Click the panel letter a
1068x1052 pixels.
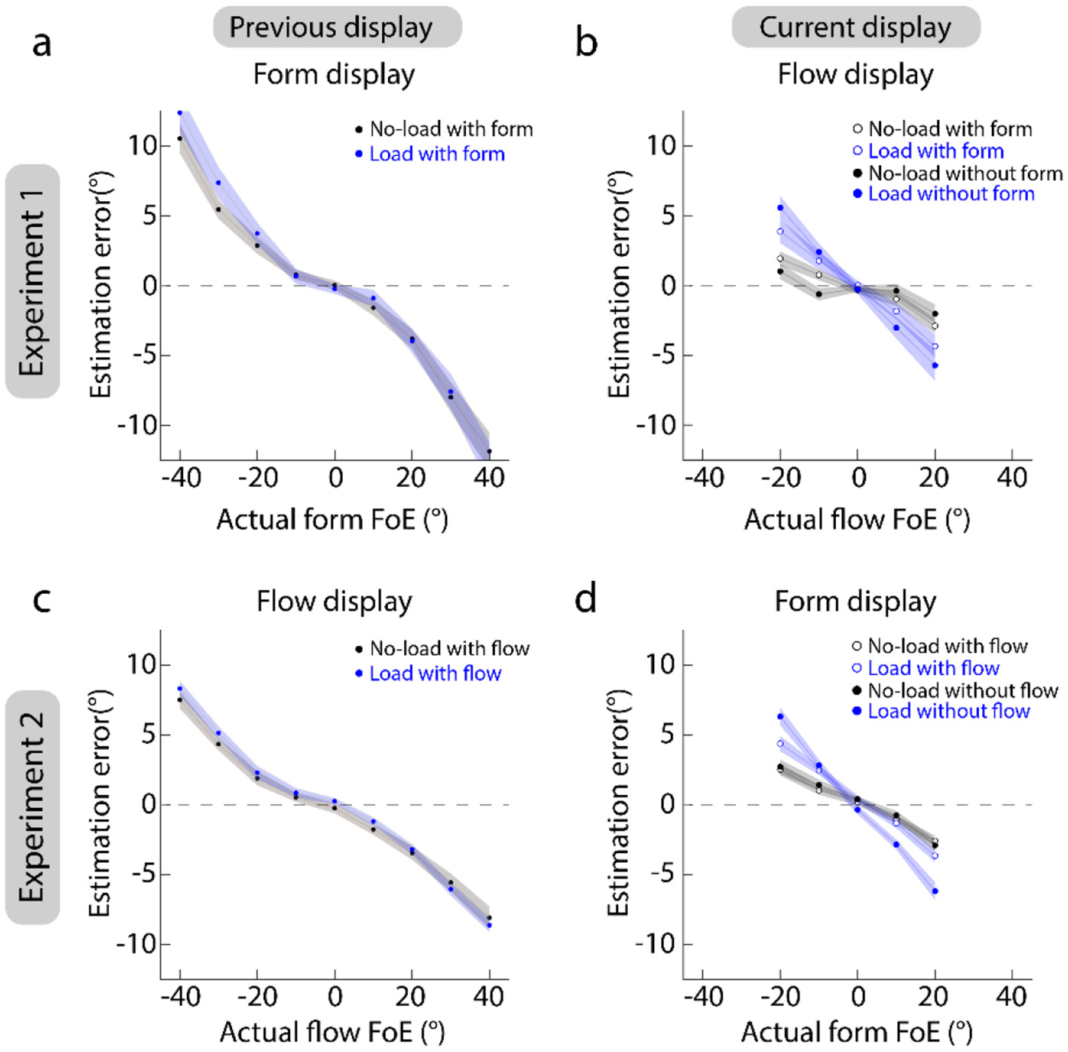[42, 44]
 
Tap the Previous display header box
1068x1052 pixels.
[336, 28]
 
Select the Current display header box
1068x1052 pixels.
[855, 28]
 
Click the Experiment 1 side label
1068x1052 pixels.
[32, 281]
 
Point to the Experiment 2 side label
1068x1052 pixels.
[32, 806]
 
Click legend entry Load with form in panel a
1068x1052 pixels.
[436, 154]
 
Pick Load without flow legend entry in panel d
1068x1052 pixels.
[948, 711]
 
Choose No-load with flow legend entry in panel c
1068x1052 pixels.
[449, 649]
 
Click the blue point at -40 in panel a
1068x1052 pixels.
[180, 113]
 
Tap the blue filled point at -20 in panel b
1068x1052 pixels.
[780, 208]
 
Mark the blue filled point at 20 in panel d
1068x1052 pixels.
[935, 891]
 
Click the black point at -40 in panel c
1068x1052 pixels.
[180, 700]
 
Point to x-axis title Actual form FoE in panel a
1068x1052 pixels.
[332, 520]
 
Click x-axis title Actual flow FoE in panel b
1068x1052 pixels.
[856, 520]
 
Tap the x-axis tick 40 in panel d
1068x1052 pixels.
[1011, 997]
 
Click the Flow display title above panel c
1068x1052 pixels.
[334, 601]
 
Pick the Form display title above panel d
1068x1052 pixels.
[855, 601]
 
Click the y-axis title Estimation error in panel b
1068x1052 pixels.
[619, 285]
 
